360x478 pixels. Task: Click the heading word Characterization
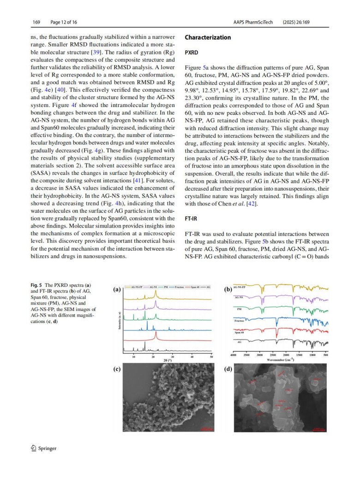[x=208, y=37]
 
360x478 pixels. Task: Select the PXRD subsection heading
[x=192, y=53]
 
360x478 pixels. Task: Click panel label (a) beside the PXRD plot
[x=117, y=290]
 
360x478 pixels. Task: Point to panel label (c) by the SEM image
[x=117, y=369]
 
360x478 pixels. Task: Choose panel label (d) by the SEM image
[x=228, y=369]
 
